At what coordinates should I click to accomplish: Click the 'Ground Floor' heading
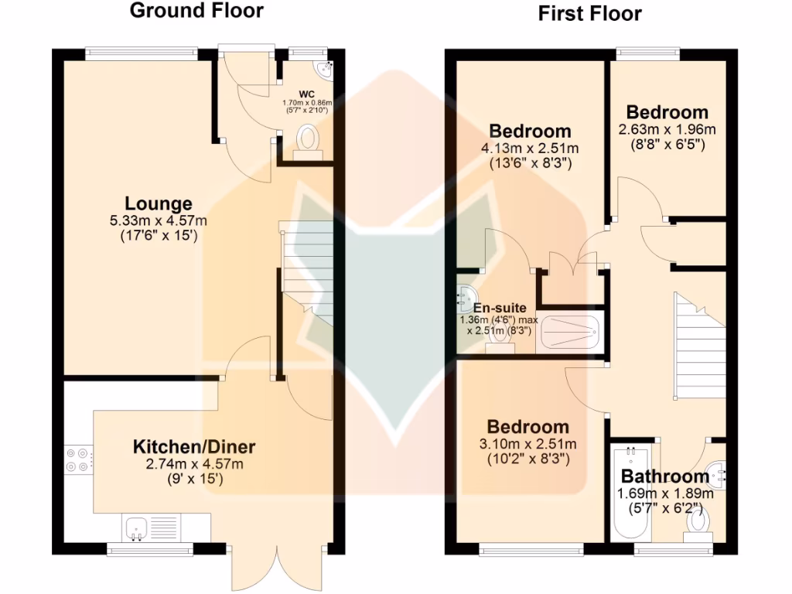(x=196, y=11)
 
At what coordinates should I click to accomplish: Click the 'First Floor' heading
(x=589, y=13)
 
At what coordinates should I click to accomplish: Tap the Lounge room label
(x=159, y=204)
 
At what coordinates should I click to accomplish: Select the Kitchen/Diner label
(x=194, y=446)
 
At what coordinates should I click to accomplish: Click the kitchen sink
(x=138, y=528)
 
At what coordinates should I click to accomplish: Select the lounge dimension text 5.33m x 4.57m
(x=159, y=221)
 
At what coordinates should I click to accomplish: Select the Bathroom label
(x=664, y=476)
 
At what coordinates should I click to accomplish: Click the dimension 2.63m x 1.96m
(x=667, y=129)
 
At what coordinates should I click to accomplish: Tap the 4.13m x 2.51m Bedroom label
(x=530, y=131)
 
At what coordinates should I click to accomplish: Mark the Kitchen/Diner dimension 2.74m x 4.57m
(x=194, y=464)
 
